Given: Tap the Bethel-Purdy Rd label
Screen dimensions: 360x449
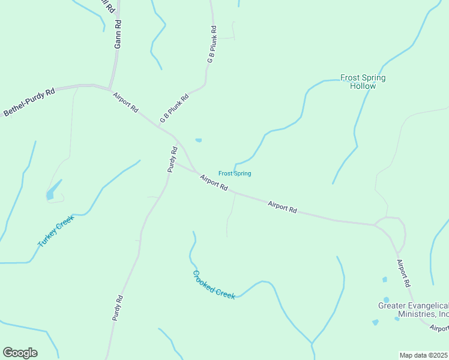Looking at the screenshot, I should click(29, 102).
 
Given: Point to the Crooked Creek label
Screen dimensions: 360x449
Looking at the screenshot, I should click(214, 284).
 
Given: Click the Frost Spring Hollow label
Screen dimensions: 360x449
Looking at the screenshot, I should click(363, 82).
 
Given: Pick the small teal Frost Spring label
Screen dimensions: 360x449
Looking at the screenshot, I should click(234, 173).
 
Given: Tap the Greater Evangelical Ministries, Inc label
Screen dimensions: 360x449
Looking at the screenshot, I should click(414, 310).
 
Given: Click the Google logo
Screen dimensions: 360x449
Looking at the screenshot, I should click(20, 353).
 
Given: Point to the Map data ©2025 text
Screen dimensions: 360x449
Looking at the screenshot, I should click(424, 355).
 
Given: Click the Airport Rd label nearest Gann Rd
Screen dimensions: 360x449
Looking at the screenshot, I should click(126, 102).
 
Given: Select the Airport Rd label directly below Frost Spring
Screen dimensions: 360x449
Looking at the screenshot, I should click(214, 182).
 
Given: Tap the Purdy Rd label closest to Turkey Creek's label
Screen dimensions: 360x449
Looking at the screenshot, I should click(118, 307).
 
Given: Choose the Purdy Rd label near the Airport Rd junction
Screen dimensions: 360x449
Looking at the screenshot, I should click(172, 160).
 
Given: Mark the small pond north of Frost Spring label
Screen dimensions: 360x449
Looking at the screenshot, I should click(198, 140).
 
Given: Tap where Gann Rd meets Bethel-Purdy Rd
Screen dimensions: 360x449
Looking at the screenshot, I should click(109, 87).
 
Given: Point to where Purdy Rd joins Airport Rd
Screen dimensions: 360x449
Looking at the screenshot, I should click(176, 163).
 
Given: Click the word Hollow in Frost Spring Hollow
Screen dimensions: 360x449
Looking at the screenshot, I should click(363, 86).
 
